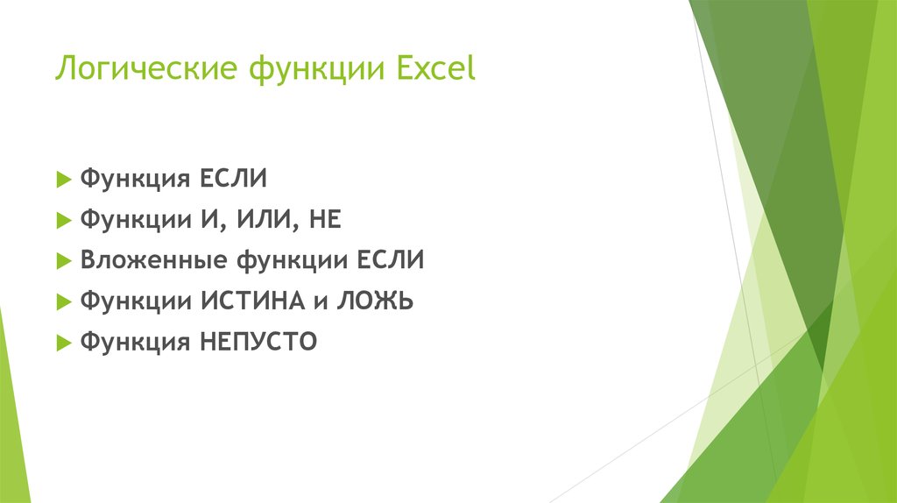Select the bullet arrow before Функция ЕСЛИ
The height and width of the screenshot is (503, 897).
click(x=62, y=180)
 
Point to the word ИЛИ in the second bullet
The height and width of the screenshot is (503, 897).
click(x=265, y=220)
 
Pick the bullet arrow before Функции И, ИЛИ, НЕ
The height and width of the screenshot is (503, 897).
click(x=62, y=221)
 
